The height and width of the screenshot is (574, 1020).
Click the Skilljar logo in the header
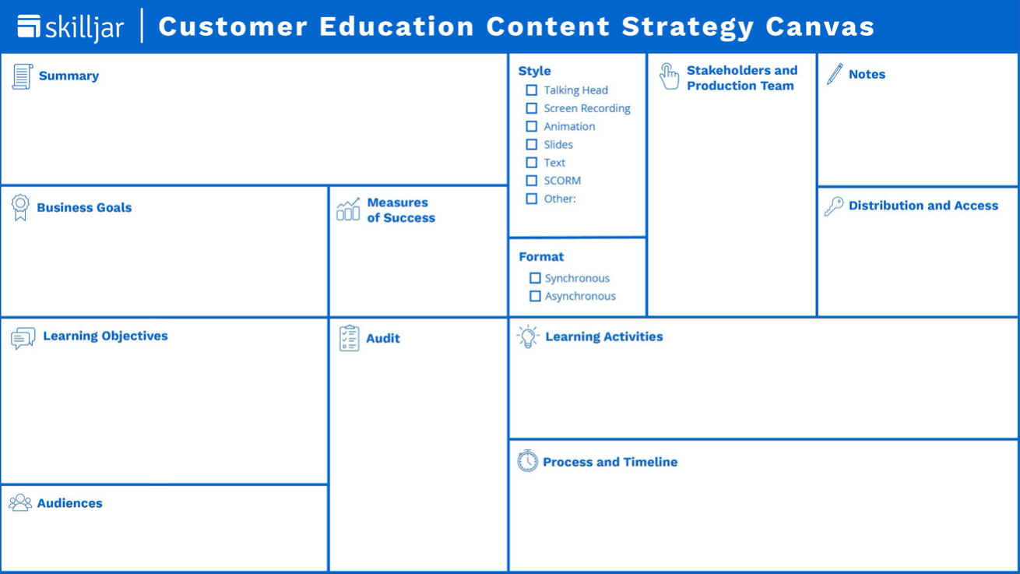(x=70, y=27)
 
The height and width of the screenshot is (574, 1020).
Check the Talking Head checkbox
(x=532, y=90)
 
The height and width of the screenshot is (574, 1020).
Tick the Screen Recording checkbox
(x=532, y=108)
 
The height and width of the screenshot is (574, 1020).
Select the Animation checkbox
(x=532, y=126)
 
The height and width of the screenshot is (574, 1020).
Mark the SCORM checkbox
(x=532, y=181)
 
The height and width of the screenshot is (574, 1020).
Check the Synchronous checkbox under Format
(x=535, y=278)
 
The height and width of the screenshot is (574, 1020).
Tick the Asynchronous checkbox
(x=535, y=296)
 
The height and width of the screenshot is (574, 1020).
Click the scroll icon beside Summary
(x=22, y=76)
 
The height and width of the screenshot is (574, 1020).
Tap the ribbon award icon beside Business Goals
(x=20, y=208)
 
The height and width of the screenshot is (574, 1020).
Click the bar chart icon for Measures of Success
(x=348, y=210)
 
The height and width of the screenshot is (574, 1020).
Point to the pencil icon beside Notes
(x=835, y=74)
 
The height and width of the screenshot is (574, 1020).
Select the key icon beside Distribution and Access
(x=834, y=206)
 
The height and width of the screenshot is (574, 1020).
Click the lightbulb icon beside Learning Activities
(x=528, y=336)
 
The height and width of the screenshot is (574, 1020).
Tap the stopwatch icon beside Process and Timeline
(x=527, y=461)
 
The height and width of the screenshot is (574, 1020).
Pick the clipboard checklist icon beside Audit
(x=350, y=338)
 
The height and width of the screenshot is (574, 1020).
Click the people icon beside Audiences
(x=20, y=503)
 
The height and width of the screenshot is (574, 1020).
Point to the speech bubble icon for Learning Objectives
(x=23, y=337)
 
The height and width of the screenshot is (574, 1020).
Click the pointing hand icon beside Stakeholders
(x=669, y=76)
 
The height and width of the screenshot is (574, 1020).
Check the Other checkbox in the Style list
(x=532, y=199)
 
